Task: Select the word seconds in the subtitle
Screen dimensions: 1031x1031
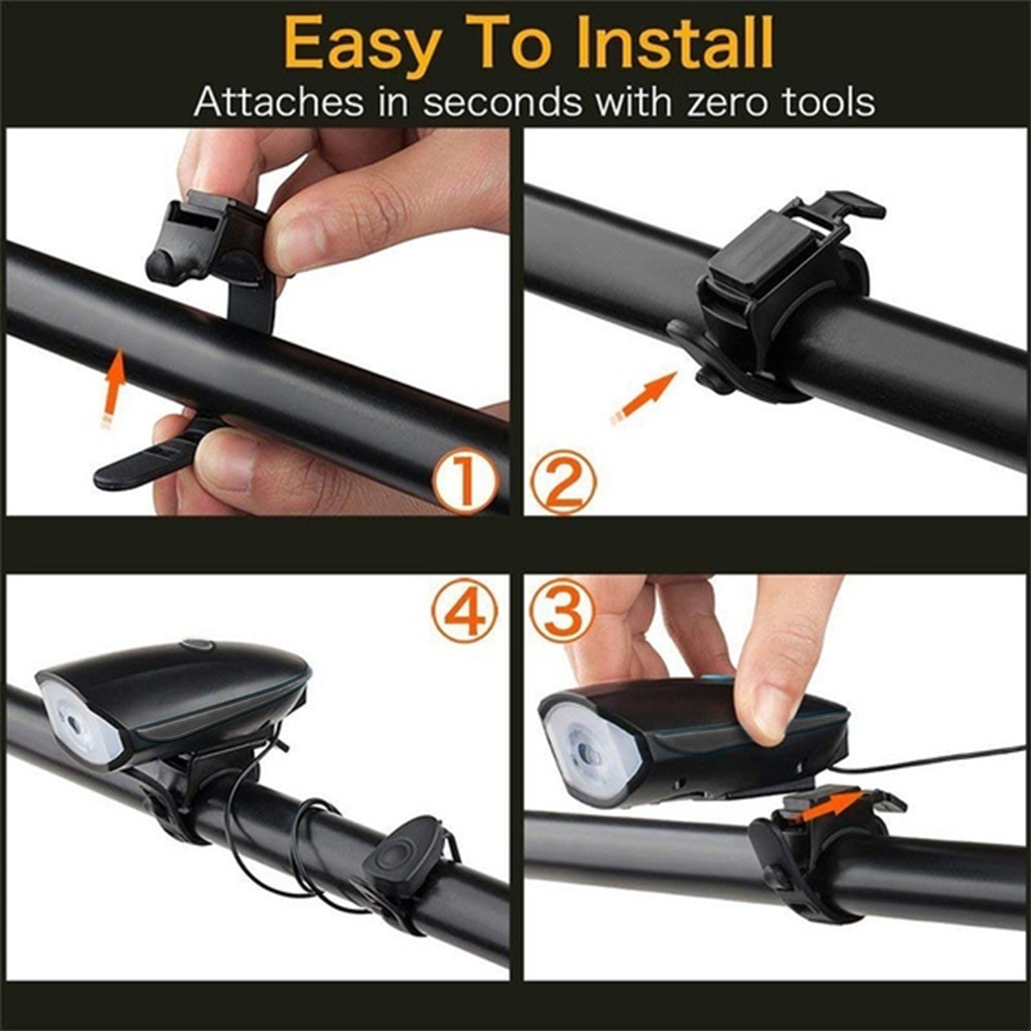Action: click(501, 103)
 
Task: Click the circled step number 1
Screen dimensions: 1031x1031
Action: click(465, 482)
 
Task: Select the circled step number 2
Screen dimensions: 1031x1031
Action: click(564, 482)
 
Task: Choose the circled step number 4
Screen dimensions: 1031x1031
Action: click(465, 610)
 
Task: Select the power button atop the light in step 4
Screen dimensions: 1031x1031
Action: click(195, 646)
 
